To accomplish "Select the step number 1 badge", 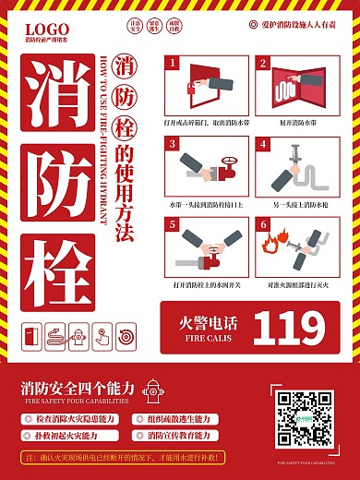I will tap(172, 64).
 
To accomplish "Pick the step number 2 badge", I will tap(262, 64).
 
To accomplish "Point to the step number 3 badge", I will tap(172, 144).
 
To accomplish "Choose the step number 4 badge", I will tap(262, 144).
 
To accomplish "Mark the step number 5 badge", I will tap(172, 224).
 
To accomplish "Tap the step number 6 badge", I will tap(262, 224).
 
